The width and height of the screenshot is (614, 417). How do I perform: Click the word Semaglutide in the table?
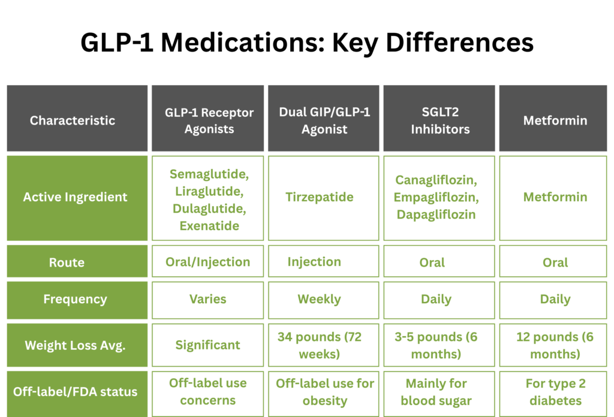(x=208, y=174)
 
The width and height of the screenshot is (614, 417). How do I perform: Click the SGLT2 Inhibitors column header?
(x=440, y=120)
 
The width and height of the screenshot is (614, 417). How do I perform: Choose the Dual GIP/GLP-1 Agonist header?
(x=324, y=120)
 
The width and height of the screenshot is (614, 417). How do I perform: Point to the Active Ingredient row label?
(x=76, y=197)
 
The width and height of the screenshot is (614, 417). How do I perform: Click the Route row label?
(x=67, y=262)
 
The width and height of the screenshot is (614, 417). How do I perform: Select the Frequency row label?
(x=75, y=299)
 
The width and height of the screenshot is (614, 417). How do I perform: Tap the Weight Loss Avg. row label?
(x=75, y=345)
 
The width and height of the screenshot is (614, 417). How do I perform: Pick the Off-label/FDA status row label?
(x=75, y=392)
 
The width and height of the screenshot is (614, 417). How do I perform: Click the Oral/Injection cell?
(x=207, y=262)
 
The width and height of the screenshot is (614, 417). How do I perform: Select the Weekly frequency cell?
(x=319, y=299)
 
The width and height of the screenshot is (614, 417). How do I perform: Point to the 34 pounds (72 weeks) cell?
(x=319, y=345)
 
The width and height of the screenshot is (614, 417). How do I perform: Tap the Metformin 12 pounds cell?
(x=555, y=345)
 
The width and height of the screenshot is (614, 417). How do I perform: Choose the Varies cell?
(x=207, y=299)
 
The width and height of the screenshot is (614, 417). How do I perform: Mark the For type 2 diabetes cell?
(x=555, y=392)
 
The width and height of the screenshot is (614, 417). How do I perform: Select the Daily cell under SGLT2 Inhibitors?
(x=436, y=299)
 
